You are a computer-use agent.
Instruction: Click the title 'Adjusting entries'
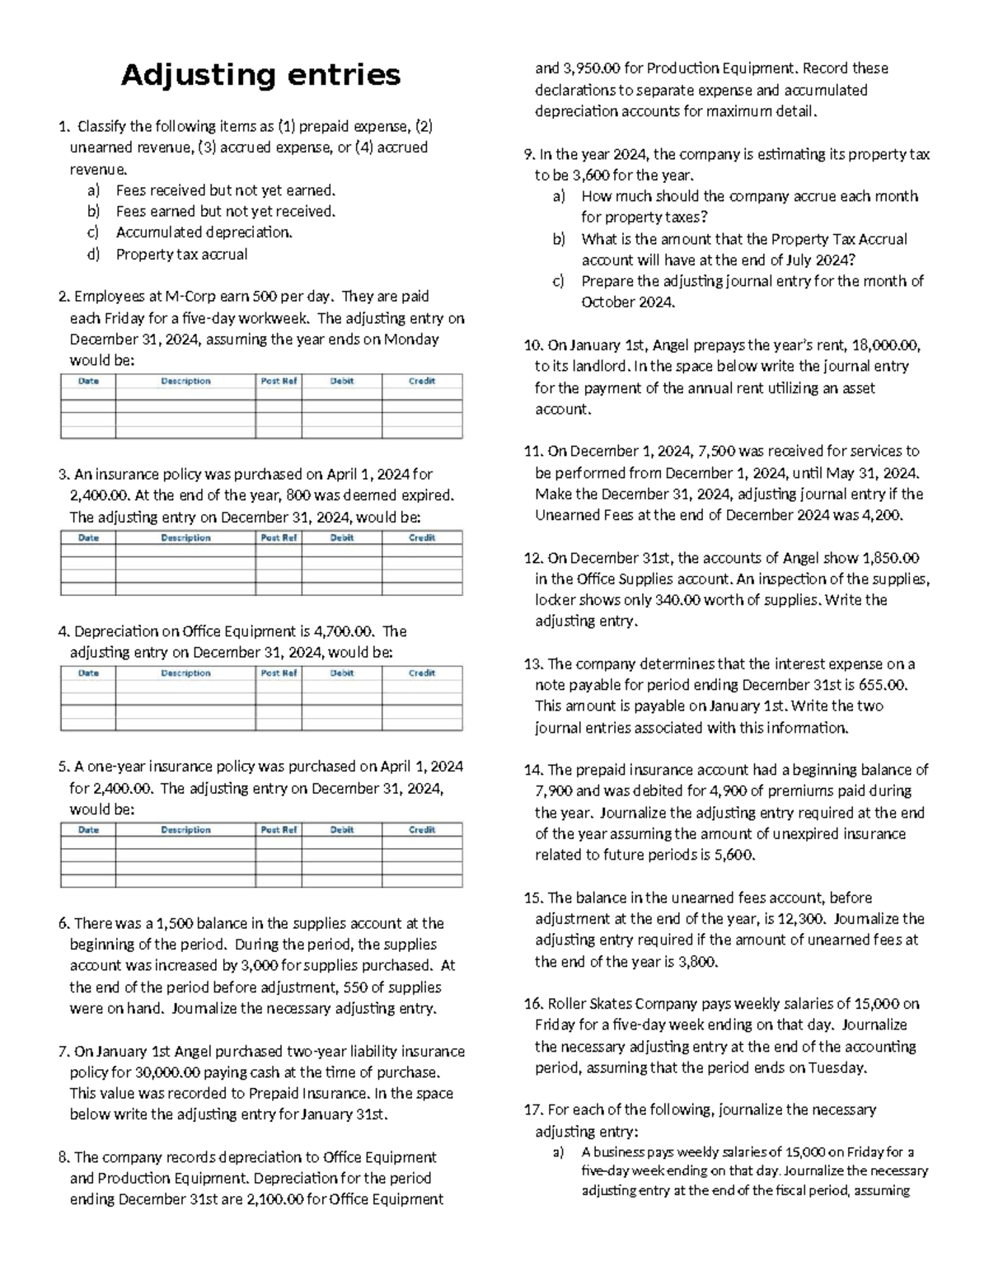[x=260, y=75]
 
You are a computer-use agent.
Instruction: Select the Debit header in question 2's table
[x=341, y=382]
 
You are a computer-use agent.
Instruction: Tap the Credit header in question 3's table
[x=422, y=538]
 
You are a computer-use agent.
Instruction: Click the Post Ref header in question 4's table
[x=279, y=673]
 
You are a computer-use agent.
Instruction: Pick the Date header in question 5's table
[x=88, y=830]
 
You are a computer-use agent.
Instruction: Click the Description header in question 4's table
[x=185, y=673]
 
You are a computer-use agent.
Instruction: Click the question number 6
[x=64, y=924]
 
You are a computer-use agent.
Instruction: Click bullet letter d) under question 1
[x=93, y=255]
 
